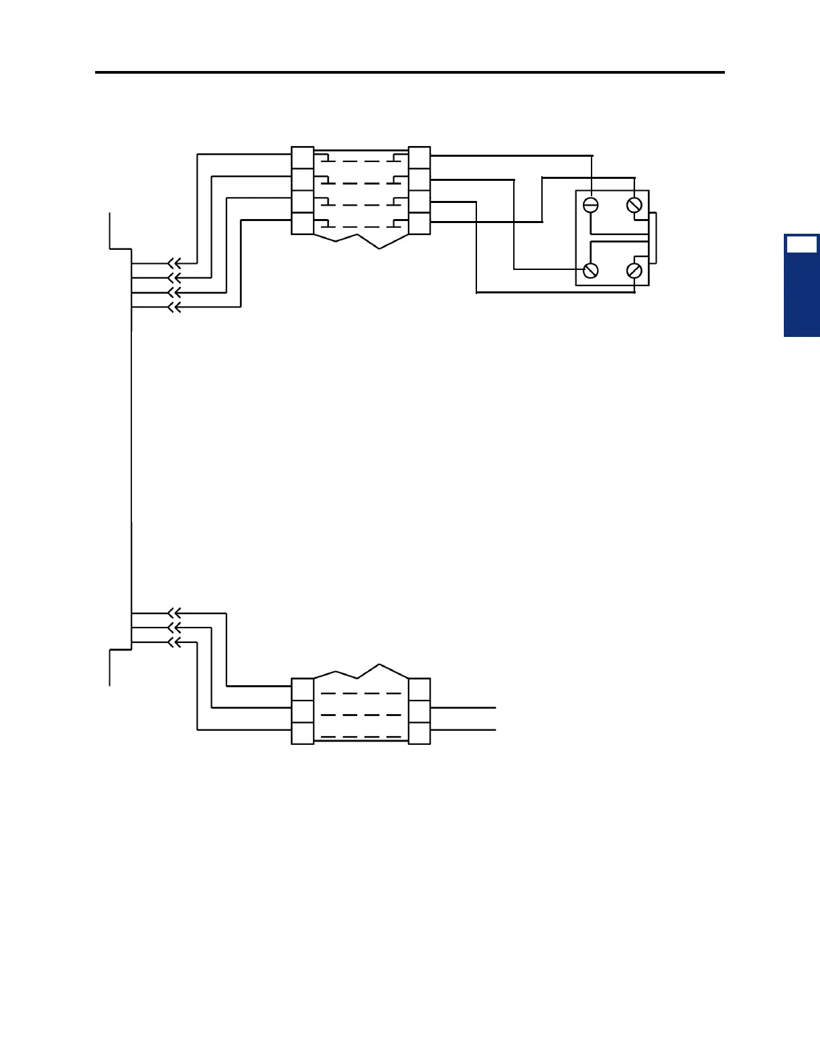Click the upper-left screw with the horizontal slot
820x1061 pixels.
(591, 205)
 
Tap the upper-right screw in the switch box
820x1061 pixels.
(634, 205)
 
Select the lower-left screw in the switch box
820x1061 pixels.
(591, 271)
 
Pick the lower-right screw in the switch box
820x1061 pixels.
(634, 271)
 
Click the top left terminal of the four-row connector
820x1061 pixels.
(303, 157)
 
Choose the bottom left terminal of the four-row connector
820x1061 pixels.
(303, 223)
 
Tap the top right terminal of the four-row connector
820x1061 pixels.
(419, 157)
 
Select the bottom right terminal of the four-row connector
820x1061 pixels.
(419, 223)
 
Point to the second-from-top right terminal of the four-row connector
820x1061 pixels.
(419, 180)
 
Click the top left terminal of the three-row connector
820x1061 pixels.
(303, 689)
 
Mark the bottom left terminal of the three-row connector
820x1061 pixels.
(303, 733)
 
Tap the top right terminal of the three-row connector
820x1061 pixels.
(419, 689)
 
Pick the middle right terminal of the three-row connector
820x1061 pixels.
(419, 711)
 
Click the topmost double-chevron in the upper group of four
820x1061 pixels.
(174, 263)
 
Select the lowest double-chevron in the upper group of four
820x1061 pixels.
(174, 307)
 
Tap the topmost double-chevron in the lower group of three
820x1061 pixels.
(174, 613)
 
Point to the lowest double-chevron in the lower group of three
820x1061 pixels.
(174, 643)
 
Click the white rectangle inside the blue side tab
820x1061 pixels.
(801, 244)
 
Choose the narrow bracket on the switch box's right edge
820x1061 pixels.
(653, 238)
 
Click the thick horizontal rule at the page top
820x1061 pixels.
(410, 72)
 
